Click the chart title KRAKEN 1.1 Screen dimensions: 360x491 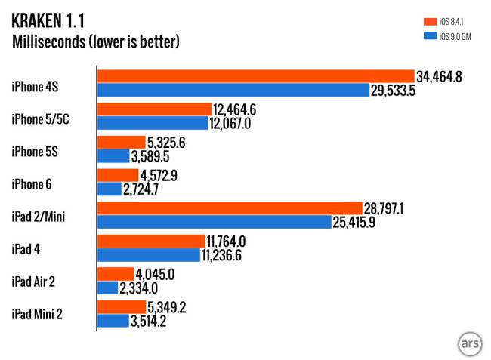pos(58,20)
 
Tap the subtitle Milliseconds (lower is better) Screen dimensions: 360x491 pos(96,42)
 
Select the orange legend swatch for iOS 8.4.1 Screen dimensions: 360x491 pos(429,21)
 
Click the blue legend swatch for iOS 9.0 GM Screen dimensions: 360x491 pos(429,36)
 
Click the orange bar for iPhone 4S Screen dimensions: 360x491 pos(255,76)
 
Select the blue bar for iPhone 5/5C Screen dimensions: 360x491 pos(152,123)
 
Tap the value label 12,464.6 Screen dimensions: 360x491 pos(236,109)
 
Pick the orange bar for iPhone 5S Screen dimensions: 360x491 pos(121,142)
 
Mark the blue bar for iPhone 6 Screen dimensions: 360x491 pos(110,189)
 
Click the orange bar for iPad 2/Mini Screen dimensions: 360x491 pos(229,208)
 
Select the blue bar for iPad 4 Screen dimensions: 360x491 pos(149,254)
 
